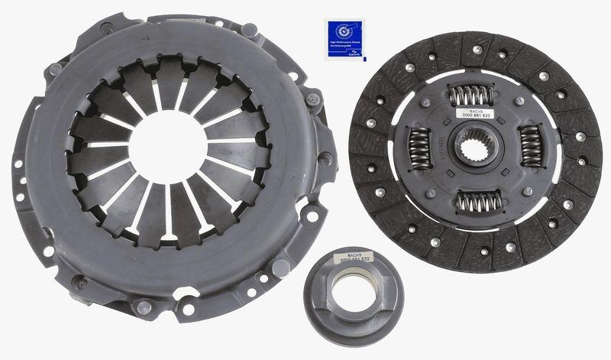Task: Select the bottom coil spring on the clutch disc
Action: [x=478, y=202]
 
